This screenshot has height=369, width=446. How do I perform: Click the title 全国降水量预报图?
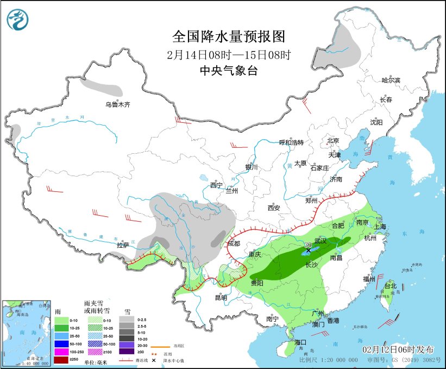coord(228,36)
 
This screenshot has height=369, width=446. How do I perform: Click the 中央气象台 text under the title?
coord(228,70)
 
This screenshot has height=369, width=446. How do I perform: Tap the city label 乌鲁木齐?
coord(118,104)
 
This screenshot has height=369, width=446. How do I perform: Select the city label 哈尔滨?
coord(390,80)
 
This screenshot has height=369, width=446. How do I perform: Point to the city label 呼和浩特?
coord(291,142)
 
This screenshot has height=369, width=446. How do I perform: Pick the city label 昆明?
coord(221,297)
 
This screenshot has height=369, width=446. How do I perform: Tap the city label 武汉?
coord(321,240)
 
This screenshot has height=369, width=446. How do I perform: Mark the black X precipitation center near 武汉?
coord(309,251)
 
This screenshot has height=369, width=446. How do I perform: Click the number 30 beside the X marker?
coord(307,244)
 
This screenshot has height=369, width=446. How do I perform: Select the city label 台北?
coord(391,286)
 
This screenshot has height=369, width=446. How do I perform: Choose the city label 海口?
coord(300,342)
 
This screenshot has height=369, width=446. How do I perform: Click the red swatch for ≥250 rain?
coord(61,359)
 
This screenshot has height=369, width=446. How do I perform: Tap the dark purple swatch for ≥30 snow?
coord(128,352)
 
